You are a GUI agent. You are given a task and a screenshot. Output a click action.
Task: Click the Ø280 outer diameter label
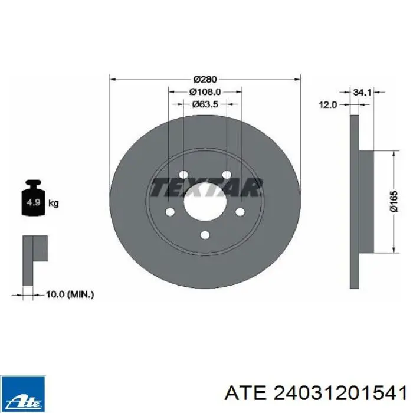(205, 79)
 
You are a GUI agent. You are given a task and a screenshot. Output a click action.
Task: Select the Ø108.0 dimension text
(205, 92)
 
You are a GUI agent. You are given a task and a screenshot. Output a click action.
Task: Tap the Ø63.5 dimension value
(205, 104)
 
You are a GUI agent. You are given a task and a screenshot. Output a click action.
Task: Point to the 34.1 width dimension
(362, 92)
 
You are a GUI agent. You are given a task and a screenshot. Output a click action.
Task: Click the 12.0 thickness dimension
(328, 105)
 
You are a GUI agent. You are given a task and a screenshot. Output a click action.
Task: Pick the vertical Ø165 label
(394, 202)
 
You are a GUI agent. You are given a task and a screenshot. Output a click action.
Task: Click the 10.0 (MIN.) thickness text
(70, 294)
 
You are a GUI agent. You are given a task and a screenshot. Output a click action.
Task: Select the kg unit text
(54, 204)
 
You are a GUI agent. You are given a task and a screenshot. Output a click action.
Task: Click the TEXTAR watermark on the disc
(206, 188)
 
